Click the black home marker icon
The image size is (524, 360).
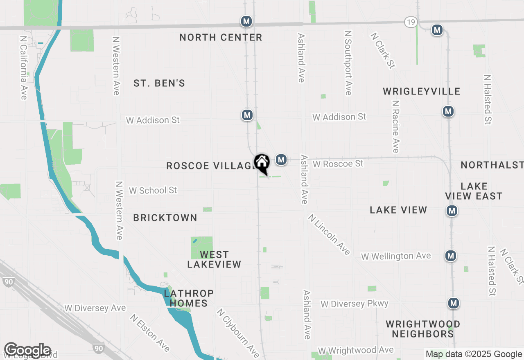click(262, 162)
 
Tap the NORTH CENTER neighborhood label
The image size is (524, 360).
click(221, 38)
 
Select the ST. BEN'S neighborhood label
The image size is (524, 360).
click(159, 83)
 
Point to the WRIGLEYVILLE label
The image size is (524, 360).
click(422, 91)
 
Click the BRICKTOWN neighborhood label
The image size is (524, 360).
click(165, 218)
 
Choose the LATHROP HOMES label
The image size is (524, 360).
click(189, 298)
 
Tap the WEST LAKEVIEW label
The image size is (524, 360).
click(214, 260)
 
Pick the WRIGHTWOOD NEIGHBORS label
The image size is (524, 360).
click(423, 329)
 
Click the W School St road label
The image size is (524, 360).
click(153, 191)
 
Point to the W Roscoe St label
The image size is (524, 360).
click(338, 164)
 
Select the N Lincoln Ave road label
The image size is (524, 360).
click(330, 235)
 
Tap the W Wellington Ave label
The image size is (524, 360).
click(396, 256)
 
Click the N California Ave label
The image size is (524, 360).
click(23, 67)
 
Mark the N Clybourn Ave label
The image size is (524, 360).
click(238, 333)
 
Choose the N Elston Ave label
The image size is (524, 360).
click(150, 333)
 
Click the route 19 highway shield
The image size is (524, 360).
click(411, 22)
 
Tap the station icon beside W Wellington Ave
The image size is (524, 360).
click(451, 256)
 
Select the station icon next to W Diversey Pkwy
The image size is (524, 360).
click(453, 303)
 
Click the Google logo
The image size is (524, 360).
click(27, 351)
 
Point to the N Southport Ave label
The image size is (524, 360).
click(348, 63)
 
